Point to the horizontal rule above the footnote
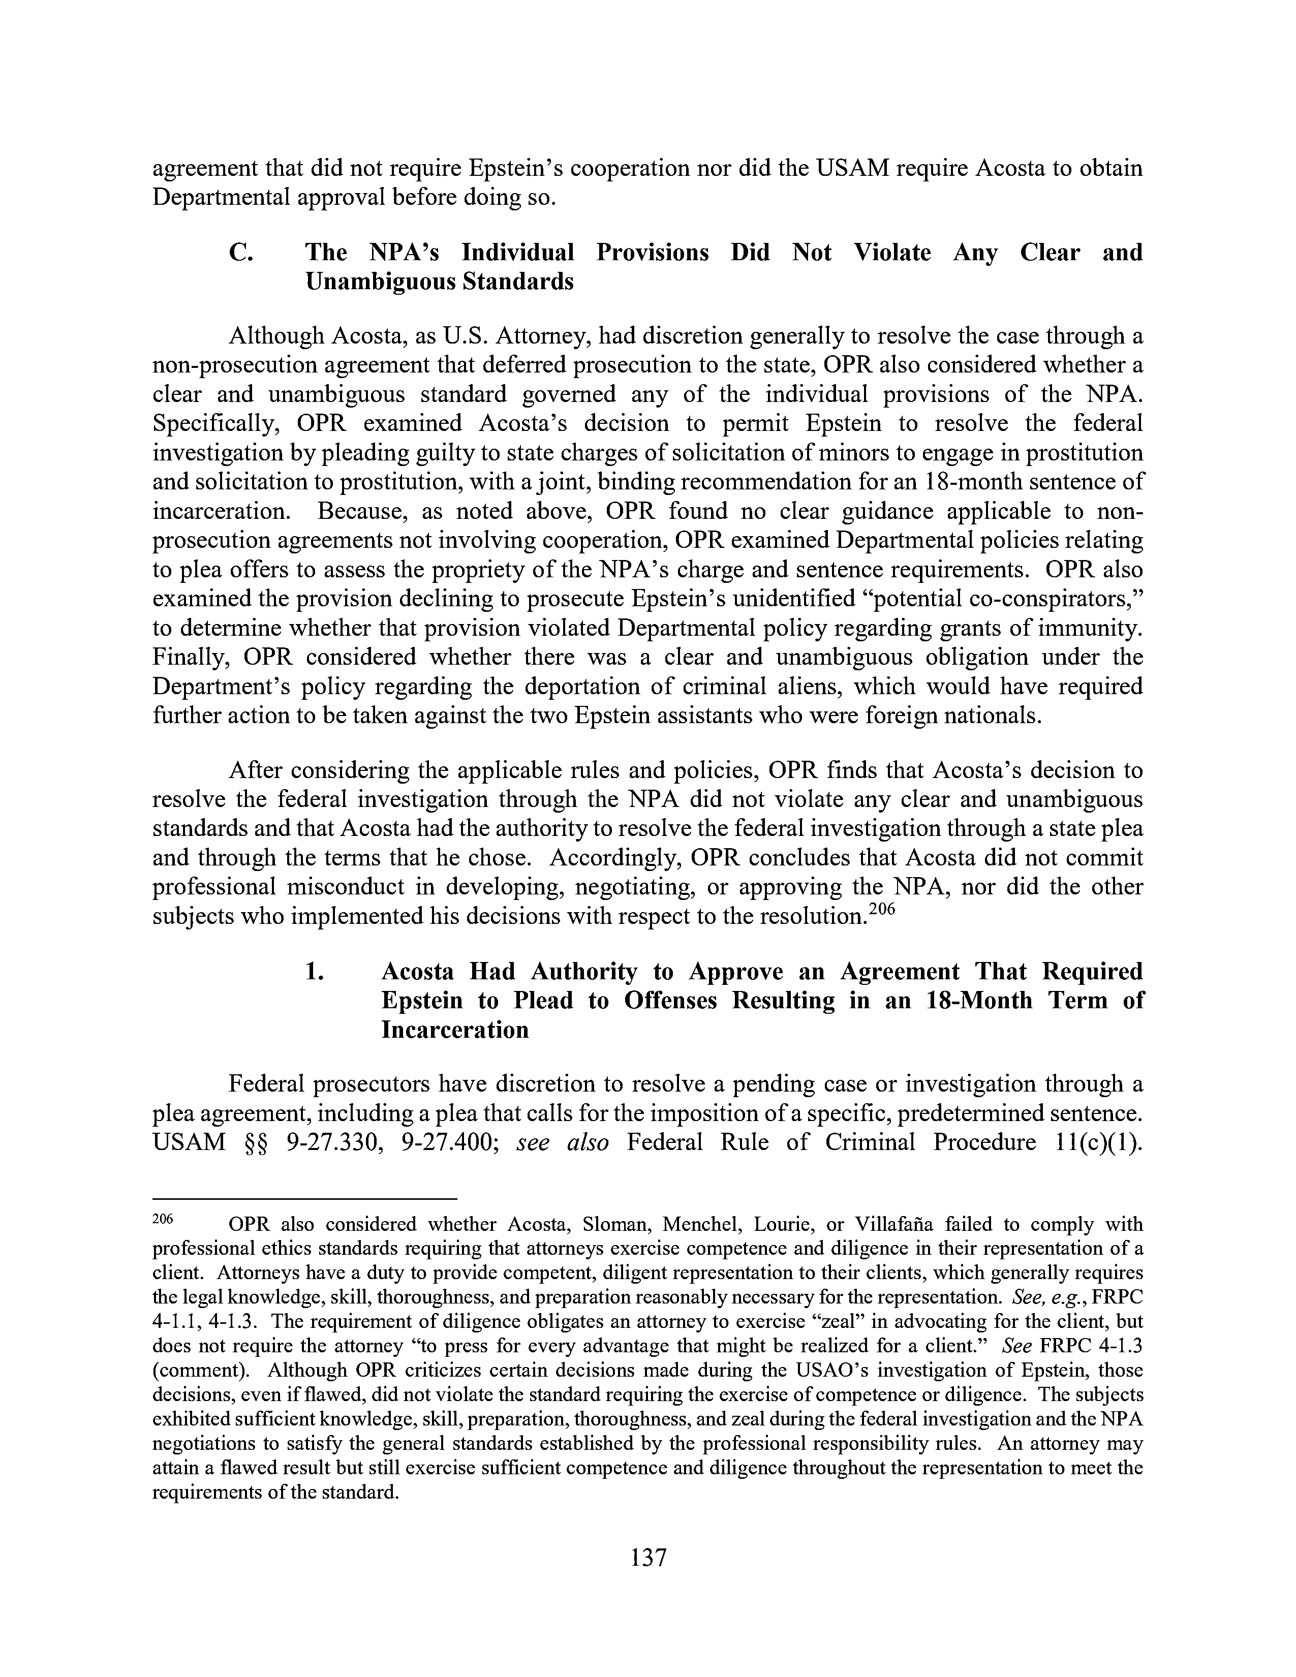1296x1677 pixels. (x=305, y=1198)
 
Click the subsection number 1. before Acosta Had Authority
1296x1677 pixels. (x=315, y=971)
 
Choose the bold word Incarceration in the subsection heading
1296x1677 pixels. (x=454, y=1030)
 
